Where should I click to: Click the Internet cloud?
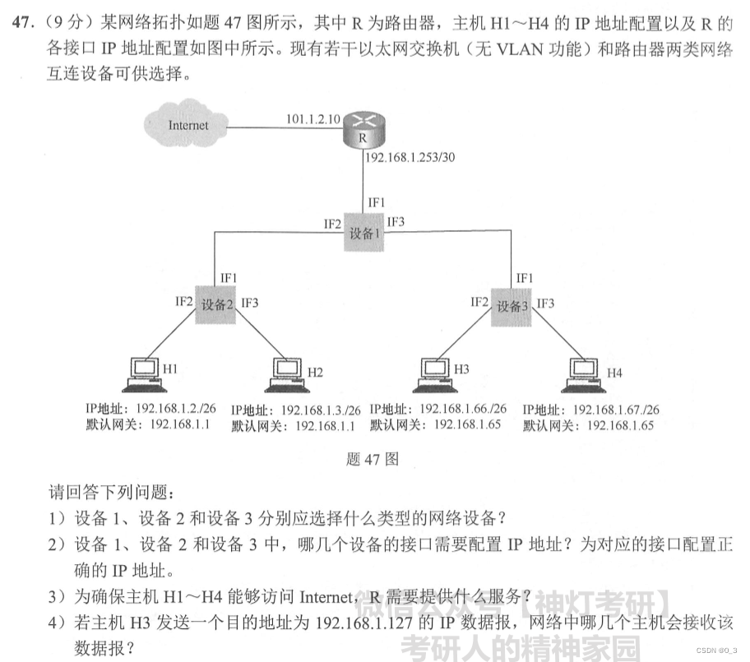pyautogui.click(x=187, y=127)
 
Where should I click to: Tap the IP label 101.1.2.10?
pyautogui.click(x=312, y=118)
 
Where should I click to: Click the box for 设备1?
pyautogui.click(x=363, y=233)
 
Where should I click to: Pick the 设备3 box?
pyautogui.click(x=512, y=306)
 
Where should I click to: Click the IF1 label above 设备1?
pyautogui.click(x=376, y=201)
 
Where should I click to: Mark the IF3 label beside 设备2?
pyautogui.click(x=250, y=303)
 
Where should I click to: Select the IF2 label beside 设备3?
pyautogui.click(x=479, y=303)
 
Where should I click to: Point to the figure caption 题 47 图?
pyautogui.click(x=373, y=460)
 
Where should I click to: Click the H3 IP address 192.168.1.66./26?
pyautogui.click(x=463, y=409)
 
